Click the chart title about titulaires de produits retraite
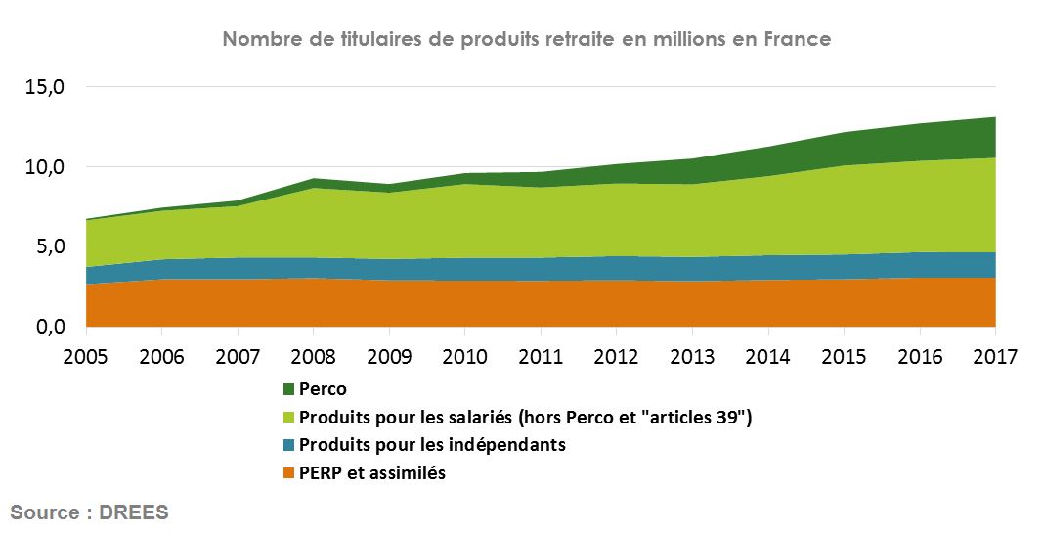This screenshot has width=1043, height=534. pyautogui.click(x=526, y=40)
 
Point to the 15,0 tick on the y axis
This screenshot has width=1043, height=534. pyautogui.click(x=44, y=87)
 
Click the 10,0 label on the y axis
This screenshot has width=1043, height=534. pyautogui.click(x=44, y=167)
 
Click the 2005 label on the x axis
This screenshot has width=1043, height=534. pyautogui.click(x=87, y=356)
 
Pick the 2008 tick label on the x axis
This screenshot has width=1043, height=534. pyautogui.click(x=314, y=356)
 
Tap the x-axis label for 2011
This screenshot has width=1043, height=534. pyautogui.click(x=542, y=356)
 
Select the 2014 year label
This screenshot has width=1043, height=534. pyautogui.click(x=768, y=356)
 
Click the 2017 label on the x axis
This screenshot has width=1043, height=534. pyautogui.click(x=995, y=356)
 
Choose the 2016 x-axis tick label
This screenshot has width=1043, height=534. pyautogui.click(x=920, y=356)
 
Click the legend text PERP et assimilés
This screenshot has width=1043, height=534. pyautogui.click(x=372, y=473)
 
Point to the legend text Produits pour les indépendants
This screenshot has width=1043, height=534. pyautogui.click(x=432, y=446)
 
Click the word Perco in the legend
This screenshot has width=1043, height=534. pyautogui.click(x=323, y=390)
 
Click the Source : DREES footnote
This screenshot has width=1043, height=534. pyautogui.click(x=89, y=512)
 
